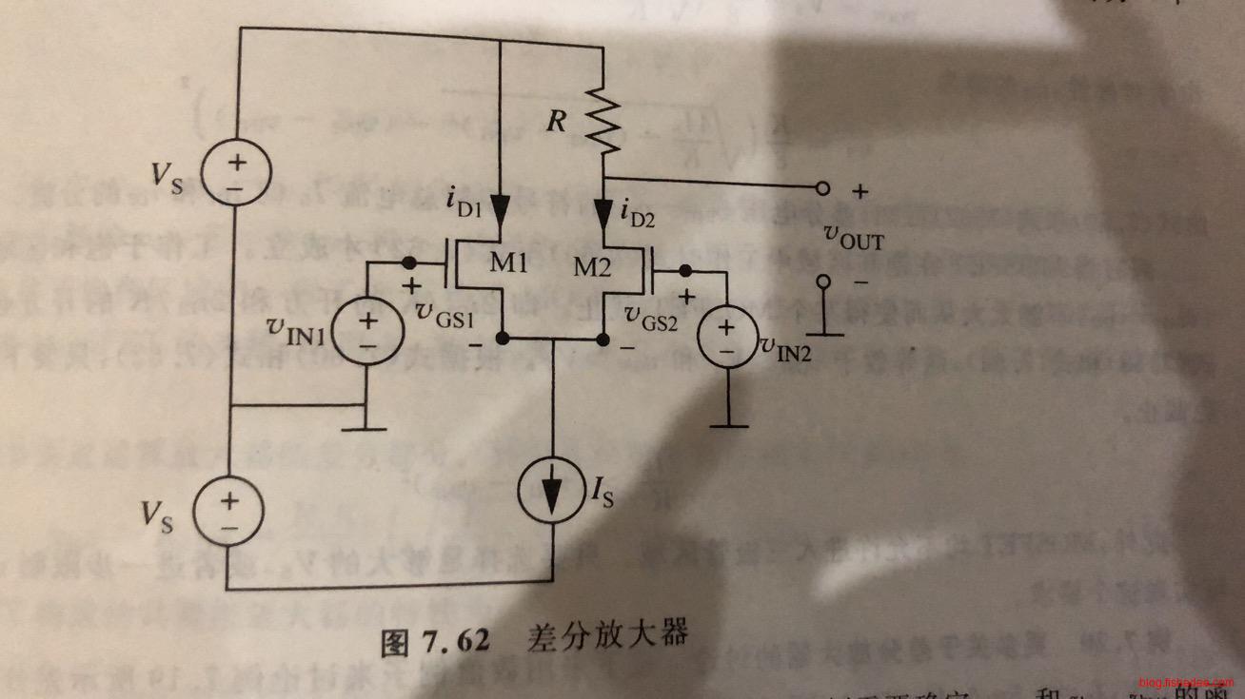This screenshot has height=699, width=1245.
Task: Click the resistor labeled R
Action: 603,121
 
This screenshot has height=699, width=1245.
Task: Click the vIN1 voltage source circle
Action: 367,332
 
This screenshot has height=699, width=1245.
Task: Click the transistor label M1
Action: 509,263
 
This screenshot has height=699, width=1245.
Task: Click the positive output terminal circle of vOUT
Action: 824,189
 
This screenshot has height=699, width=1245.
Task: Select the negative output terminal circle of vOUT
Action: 824,282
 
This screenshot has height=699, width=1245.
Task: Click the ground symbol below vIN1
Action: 363,425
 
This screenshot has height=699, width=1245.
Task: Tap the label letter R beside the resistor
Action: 556,122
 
